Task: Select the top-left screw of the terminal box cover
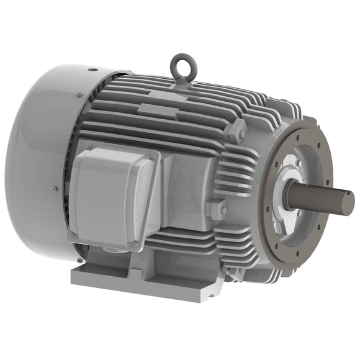88,148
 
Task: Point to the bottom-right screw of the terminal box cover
135,245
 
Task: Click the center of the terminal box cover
112,196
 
